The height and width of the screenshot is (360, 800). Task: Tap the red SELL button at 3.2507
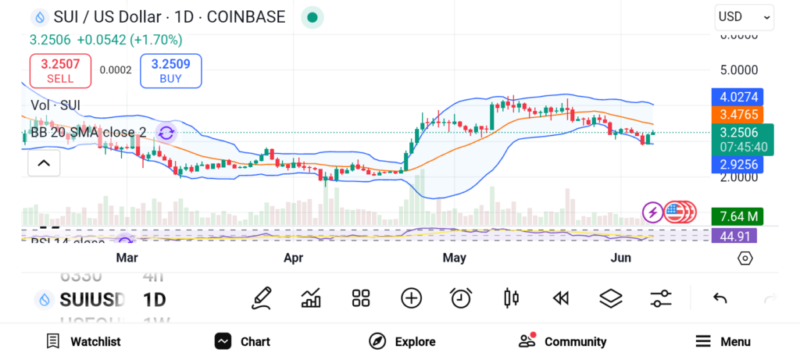pos(60,70)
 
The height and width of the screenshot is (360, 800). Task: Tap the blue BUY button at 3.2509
pos(170,70)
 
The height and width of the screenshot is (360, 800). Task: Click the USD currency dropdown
pos(744,17)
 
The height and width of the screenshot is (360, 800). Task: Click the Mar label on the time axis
pos(127,258)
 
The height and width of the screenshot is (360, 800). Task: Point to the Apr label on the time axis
pos(293,258)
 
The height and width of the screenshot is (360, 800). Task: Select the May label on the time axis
pos(454,258)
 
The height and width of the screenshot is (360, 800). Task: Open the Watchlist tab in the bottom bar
pos(84,341)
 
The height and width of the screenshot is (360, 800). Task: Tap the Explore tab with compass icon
pos(402,341)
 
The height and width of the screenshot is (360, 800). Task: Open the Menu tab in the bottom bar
pos(723,341)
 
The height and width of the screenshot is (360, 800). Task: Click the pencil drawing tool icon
pos(262,298)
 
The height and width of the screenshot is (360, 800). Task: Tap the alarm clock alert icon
pos(461,298)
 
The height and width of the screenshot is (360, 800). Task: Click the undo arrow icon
pos(720,298)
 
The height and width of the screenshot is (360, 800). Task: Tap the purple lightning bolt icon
pos(652,211)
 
